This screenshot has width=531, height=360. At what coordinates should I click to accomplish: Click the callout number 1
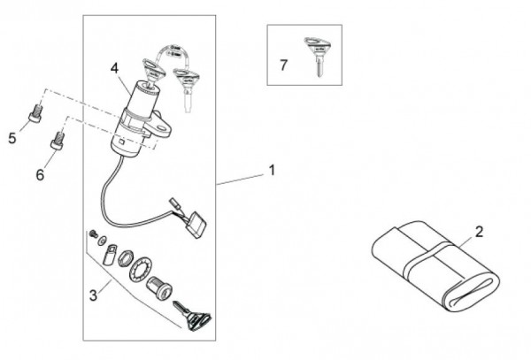tap(272, 170)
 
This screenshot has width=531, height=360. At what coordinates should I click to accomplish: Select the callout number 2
tap(479, 232)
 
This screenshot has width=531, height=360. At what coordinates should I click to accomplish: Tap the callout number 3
tap(93, 295)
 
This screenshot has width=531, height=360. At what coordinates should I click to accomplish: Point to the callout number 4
tap(115, 68)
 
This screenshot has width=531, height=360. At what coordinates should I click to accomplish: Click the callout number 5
tap(12, 138)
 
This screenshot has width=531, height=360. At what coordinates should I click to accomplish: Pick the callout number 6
tap(40, 174)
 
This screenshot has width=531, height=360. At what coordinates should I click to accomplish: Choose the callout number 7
tap(284, 65)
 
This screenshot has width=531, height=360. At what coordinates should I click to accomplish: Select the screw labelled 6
tap(58, 141)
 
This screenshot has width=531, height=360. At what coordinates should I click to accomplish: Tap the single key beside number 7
tap(318, 56)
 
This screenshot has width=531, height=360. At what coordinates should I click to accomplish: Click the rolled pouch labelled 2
tap(436, 265)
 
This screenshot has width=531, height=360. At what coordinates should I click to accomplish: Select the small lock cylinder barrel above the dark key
tap(158, 287)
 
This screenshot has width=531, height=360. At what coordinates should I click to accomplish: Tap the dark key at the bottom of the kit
tap(193, 316)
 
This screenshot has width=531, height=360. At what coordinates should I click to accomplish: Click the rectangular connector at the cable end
tap(196, 224)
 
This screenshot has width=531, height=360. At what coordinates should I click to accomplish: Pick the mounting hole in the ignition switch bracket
tap(163, 127)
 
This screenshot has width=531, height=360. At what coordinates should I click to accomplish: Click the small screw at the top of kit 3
tap(92, 234)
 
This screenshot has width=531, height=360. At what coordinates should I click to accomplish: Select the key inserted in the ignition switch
tap(153, 71)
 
